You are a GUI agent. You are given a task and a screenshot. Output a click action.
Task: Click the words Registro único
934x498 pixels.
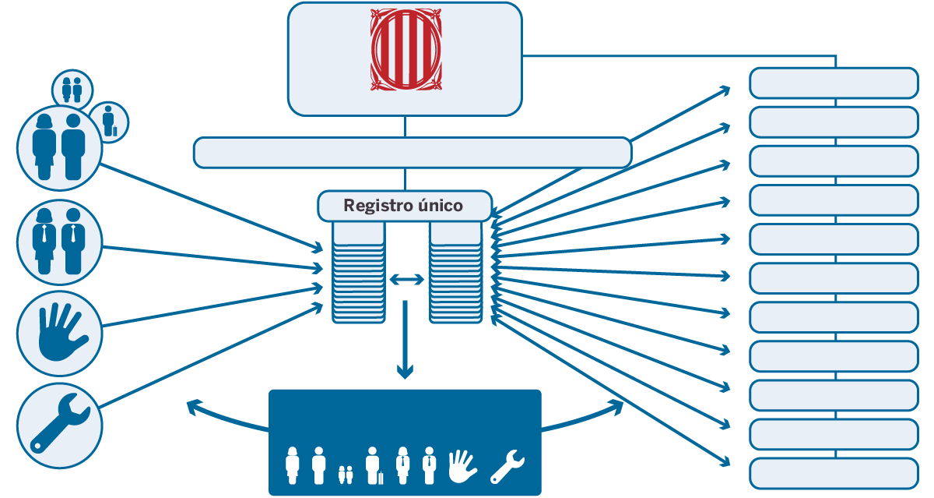403,207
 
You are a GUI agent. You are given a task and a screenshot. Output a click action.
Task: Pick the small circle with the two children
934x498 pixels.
72,88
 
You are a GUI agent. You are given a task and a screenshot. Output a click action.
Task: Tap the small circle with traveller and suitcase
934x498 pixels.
110,121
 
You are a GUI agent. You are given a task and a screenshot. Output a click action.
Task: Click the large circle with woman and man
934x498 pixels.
60,147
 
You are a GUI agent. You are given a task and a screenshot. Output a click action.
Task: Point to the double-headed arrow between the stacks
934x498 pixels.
406,278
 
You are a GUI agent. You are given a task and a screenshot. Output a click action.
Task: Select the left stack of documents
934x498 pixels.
358,273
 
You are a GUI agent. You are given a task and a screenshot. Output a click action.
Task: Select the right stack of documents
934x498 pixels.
456,273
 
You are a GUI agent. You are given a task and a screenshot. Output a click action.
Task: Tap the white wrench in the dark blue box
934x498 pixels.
508,466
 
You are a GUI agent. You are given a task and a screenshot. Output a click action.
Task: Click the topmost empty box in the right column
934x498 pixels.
834,83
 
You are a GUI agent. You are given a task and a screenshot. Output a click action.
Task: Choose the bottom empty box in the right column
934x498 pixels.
834,473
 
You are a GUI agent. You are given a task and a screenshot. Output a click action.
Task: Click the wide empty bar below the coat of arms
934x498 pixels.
412,152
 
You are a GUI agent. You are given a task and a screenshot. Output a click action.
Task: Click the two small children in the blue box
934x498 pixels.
346,473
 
